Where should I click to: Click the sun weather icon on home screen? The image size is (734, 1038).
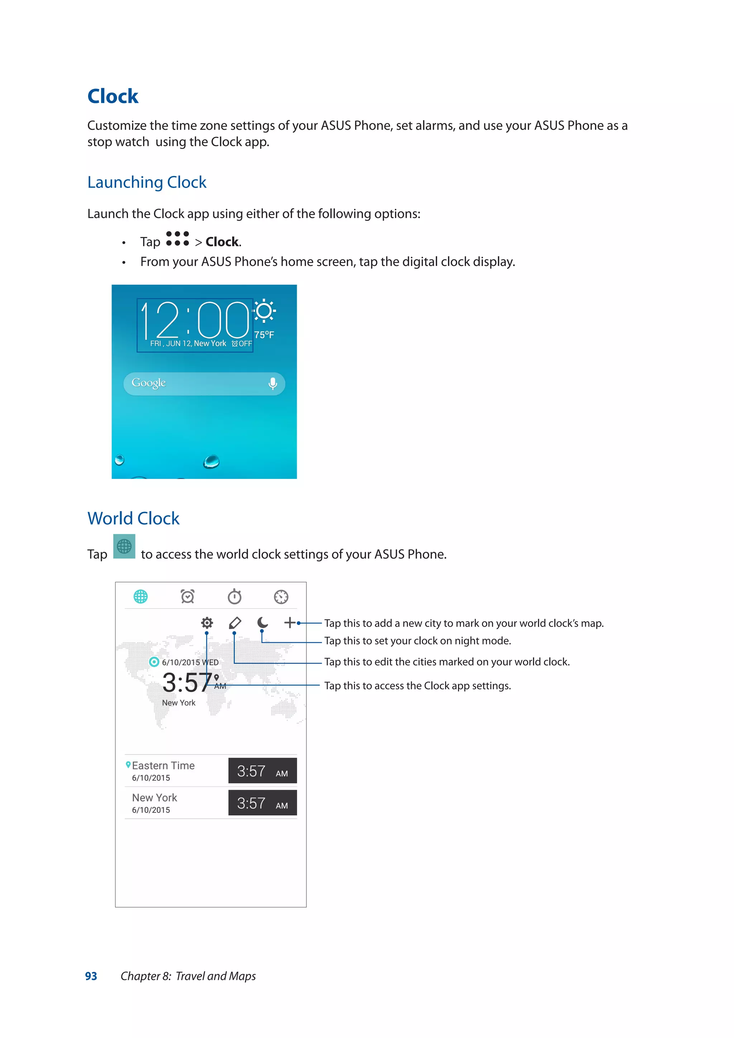264,311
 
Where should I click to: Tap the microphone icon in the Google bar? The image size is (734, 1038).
272,384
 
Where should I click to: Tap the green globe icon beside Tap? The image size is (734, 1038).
124,547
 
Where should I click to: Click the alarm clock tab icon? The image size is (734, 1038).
187,596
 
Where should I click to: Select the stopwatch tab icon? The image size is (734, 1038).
234,596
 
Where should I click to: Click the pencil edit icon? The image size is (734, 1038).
235,623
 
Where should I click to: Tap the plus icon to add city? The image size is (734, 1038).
290,623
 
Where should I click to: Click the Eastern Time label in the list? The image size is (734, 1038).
163,765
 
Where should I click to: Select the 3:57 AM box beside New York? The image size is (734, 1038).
262,803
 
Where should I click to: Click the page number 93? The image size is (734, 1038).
91,976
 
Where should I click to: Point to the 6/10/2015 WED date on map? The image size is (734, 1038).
190,662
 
